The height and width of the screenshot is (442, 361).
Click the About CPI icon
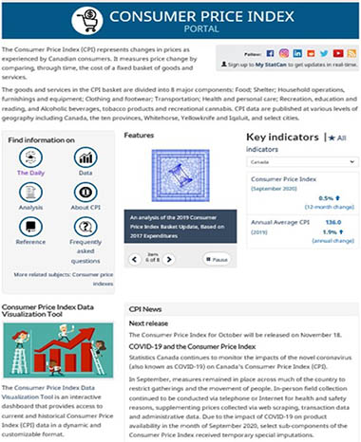pos(85,194)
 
